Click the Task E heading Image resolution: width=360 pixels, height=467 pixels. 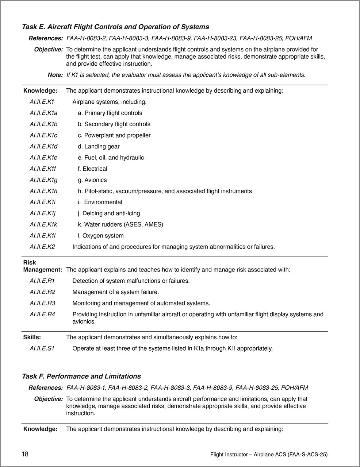point(115,27)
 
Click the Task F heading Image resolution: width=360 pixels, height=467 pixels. point(81,377)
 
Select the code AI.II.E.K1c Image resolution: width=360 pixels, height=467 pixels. point(43,135)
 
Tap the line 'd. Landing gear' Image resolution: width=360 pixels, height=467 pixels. point(99,147)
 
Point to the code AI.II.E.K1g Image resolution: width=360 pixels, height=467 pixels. point(43,180)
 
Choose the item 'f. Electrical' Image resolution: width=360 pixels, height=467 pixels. point(92,169)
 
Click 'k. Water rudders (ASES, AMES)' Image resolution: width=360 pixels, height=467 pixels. point(120,225)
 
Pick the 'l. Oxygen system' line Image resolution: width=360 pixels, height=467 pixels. point(101,236)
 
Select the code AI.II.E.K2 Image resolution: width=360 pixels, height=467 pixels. point(42,247)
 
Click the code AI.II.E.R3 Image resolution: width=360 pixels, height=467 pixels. point(42,303)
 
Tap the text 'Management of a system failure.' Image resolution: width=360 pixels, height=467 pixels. point(115,292)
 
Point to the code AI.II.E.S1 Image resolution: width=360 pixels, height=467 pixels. point(42,348)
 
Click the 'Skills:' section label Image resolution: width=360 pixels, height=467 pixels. point(32,337)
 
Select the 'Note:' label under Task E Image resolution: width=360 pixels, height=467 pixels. point(55,75)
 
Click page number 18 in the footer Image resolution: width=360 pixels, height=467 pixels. point(25,454)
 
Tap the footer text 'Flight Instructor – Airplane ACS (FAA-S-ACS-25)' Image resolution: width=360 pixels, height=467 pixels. point(269,455)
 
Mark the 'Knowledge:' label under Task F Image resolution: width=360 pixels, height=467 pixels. point(40,429)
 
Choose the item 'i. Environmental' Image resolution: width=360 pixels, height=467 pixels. point(100,202)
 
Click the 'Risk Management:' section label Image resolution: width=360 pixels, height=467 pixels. point(42,266)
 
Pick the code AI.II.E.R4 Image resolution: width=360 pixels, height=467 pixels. point(42,314)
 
